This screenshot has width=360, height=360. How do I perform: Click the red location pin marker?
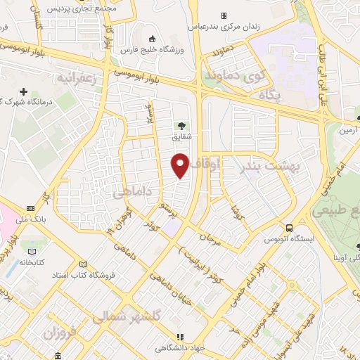click(181, 165)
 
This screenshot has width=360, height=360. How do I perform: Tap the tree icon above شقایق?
click(182, 127)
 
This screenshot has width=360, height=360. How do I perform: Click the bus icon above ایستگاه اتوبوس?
click(289, 227)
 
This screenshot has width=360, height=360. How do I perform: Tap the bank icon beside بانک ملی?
click(31, 208)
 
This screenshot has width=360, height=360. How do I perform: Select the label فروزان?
click(59, 331)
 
